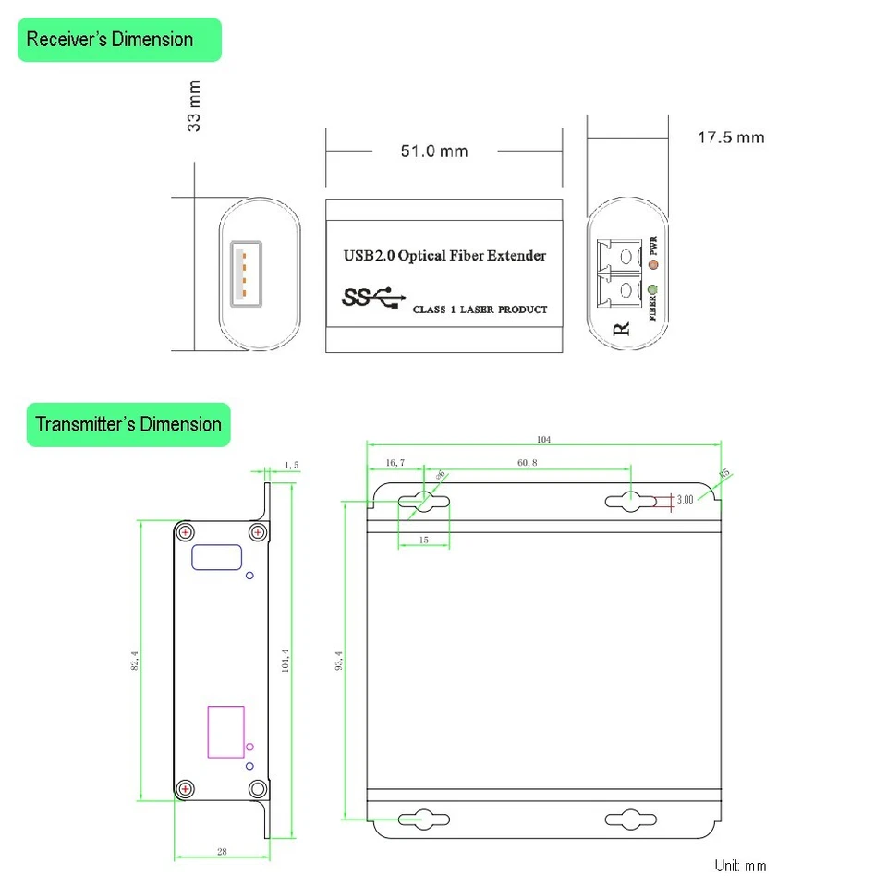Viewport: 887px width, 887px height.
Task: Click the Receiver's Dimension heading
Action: tap(110, 40)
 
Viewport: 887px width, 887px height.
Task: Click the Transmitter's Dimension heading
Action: tap(128, 425)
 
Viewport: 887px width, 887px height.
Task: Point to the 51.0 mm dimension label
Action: tap(433, 151)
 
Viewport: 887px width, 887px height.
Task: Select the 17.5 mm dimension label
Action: tap(730, 138)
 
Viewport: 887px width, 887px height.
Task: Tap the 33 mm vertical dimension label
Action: tap(195, 106)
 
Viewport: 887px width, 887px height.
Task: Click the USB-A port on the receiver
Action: tap(243, 273)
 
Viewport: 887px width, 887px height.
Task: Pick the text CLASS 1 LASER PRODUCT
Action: tap(480, 310)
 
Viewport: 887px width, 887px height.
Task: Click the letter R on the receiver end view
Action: tap(622, 327)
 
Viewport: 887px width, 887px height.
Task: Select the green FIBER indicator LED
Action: tap(654, 290)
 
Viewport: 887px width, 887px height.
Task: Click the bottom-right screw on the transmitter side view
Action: tap(258, 788)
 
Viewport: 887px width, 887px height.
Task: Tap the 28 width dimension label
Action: tap(222, 852)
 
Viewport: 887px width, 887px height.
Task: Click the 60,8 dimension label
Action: tap(527, 462)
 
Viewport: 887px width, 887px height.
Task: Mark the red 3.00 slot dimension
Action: tap(685, 500)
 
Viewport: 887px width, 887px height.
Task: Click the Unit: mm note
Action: tap(740, 866)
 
